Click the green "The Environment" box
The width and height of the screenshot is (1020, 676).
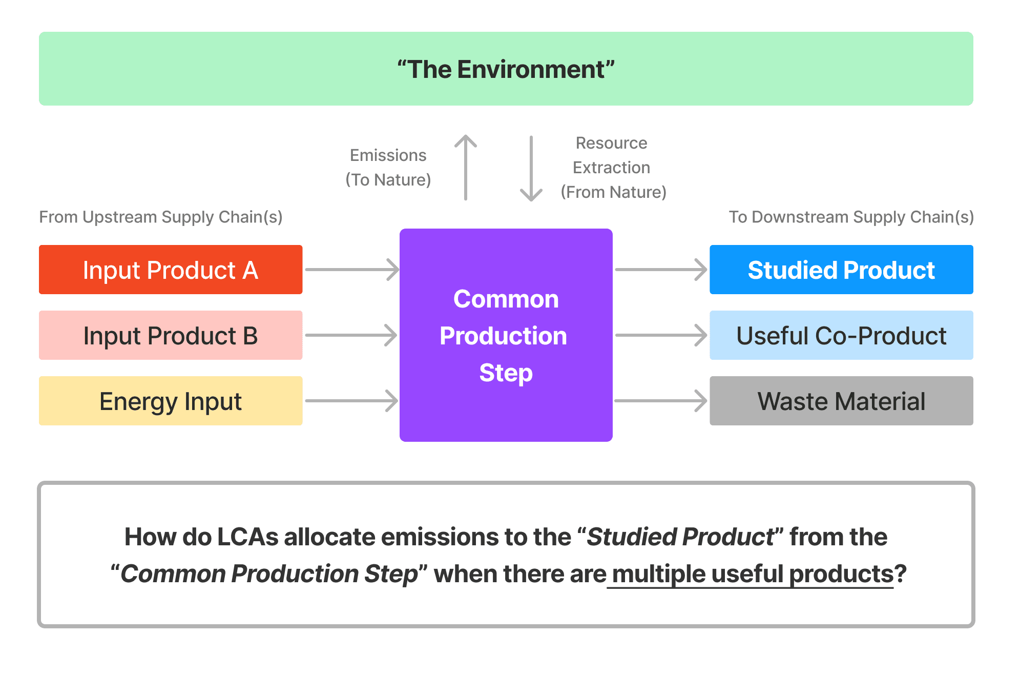click(506, 69)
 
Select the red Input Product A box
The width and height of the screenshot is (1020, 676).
click(171, 270)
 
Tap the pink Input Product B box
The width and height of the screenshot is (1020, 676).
click(171, 335)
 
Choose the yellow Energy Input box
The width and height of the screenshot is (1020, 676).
click(171, 401)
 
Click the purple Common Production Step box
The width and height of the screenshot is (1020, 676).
click(506, 335)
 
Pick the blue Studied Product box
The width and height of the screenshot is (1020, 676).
click(841, 270)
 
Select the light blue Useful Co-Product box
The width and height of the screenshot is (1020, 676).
click(841, 335)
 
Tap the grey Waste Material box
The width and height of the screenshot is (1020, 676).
click(841, 401)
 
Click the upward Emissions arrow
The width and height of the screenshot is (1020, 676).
click(466, 167)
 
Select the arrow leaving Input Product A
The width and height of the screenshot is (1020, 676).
click(351, 270)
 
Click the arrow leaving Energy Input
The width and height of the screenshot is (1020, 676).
click(351, 401)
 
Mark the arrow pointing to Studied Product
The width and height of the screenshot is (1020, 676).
click(661, 270)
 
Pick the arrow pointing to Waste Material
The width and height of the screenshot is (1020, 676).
click(661, 401)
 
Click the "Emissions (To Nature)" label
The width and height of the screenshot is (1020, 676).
click(388, 168)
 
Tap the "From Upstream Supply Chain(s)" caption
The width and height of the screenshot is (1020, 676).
click(161, 217)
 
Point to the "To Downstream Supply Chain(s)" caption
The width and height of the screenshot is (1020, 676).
click(851, 217)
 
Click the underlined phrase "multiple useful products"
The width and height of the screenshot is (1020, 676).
click(753, 574)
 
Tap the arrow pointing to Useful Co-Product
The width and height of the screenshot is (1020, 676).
click(661, 335)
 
